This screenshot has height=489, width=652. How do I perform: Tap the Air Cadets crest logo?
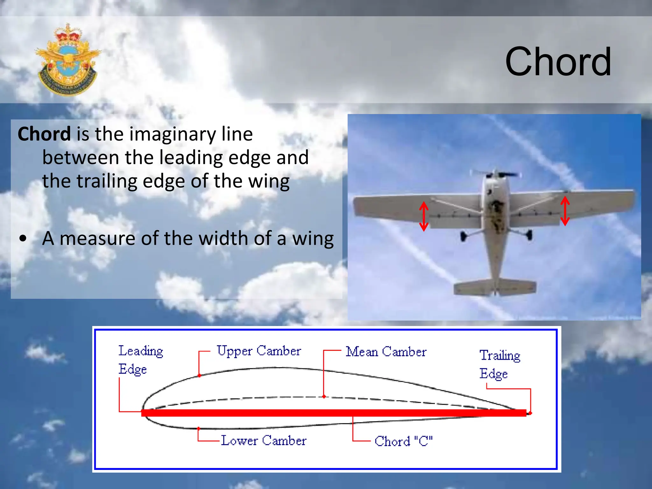pyautogui.click(x=67, y=60)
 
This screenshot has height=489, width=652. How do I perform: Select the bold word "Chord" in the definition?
pyautogui.click(x=44, y=134)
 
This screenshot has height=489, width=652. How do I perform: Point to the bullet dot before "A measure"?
pyautogui.click(x=23, y=238)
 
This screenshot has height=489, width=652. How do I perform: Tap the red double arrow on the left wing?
pyautogui.click(x=423, y=216)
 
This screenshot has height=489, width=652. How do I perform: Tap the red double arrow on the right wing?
pyautogui.click(x=565, y=211)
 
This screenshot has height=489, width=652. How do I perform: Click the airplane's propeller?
pyautogui.click(x=495, y=174)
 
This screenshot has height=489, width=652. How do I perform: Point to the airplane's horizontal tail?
pyautogui.click(x=495, y=287)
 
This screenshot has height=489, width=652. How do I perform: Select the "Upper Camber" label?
pyautogui.click(x=259, y=351)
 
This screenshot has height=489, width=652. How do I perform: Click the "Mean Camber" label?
pyautogui.click(x=386, y=352)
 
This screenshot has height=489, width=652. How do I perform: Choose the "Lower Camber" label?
pyautogui.click(x=264, y=441)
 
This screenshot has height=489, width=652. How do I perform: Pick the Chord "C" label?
pyautogui.click(x=403, y=441)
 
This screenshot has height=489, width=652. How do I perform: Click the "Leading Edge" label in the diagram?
pyautogui.click(x=140, y=360)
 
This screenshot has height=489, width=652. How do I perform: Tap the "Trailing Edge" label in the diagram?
pyautogui.click(x=500, y=364)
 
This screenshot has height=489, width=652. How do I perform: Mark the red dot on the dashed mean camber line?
pyautogui.click(x=324, y=397)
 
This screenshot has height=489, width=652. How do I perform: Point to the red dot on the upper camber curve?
pyautogui.click(x=199, y=376)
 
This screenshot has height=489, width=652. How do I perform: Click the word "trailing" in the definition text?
pyautogui.click(x=107, y=181)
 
